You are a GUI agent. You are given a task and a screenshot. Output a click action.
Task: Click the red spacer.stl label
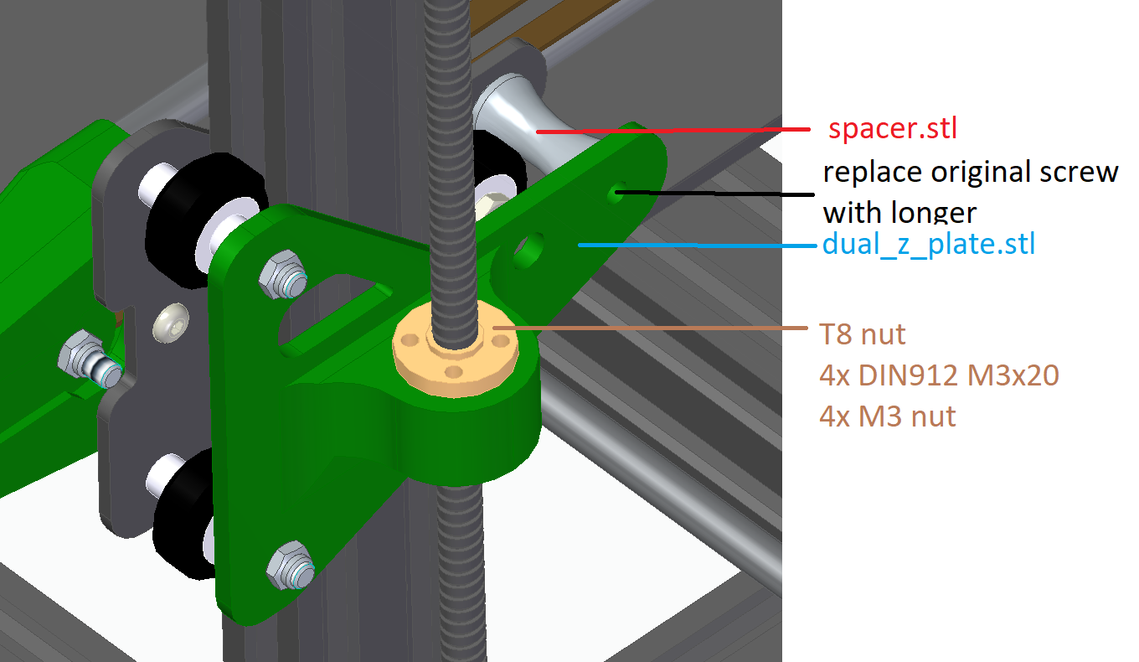[x=892, y=130]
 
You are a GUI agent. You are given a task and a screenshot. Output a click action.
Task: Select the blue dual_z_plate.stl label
[x=929, y=244]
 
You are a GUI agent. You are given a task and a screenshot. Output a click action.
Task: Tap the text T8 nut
[x=862, y=334]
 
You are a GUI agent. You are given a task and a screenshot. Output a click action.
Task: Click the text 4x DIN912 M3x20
[x=939, y=375]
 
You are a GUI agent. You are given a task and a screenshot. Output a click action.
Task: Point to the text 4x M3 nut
[x=888, y=416]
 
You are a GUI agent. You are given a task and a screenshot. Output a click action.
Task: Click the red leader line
[x=670, y=131]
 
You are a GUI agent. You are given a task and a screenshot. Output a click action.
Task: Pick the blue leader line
[x=695, y=245]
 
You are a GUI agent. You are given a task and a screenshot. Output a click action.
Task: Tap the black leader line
[x=712, y=194]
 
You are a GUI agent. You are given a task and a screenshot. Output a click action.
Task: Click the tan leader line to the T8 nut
[x=653, y=328]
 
